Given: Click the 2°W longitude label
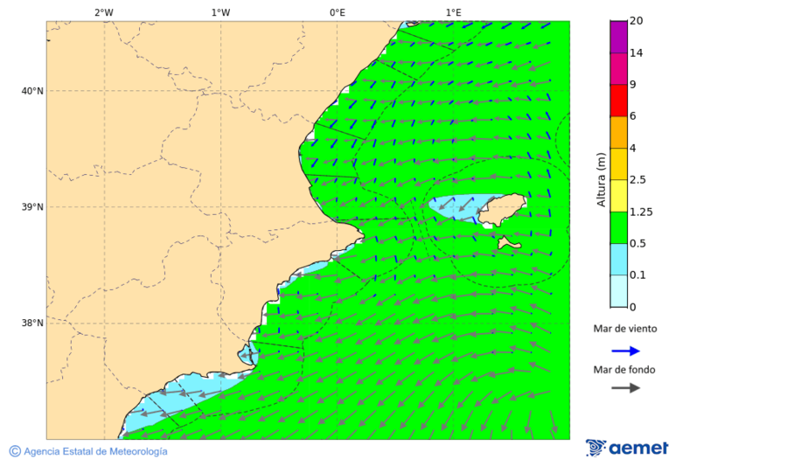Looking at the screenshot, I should [103, 13].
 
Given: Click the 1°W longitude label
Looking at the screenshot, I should [220, 13].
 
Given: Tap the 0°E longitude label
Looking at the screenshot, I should [337, 13].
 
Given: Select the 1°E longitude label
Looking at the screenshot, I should [453, 13].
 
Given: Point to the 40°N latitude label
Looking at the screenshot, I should [32, 91].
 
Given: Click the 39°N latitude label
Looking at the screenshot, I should [32, 207].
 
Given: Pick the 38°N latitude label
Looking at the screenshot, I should [32, 323].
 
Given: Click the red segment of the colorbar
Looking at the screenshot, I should [618, 101].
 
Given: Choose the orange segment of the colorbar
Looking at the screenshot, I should [618, 132].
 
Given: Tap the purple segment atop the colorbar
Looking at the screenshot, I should [618, 37].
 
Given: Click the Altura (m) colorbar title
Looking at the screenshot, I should [601, 180].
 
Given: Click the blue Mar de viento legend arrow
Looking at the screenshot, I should [625, 351].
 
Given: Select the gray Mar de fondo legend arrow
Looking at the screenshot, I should [625, 388].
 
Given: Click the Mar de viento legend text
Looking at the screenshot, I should [624, 330].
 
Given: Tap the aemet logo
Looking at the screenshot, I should [627, 448].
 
